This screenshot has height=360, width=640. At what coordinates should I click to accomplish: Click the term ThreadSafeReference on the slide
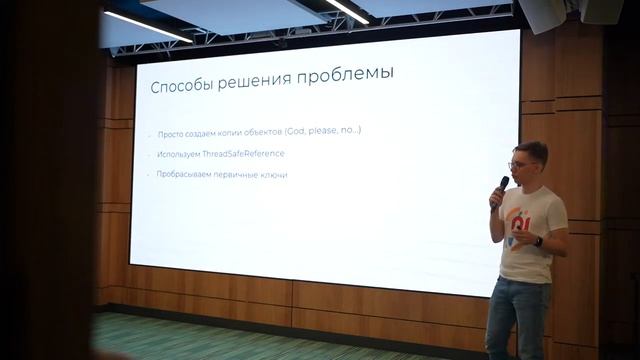(x=243, y=154)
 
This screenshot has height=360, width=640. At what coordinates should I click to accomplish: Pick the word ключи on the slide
(x=272, y=175)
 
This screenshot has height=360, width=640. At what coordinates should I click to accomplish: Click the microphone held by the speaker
(x=502, y=188)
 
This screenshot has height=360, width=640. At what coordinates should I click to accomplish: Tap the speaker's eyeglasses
(x=519, y=164)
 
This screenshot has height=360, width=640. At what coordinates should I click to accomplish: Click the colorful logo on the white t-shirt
(x=519, y=226)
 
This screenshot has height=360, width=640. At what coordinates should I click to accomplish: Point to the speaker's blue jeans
(x=518, y=315)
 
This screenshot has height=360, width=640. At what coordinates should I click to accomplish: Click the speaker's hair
(x=530, y=150)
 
